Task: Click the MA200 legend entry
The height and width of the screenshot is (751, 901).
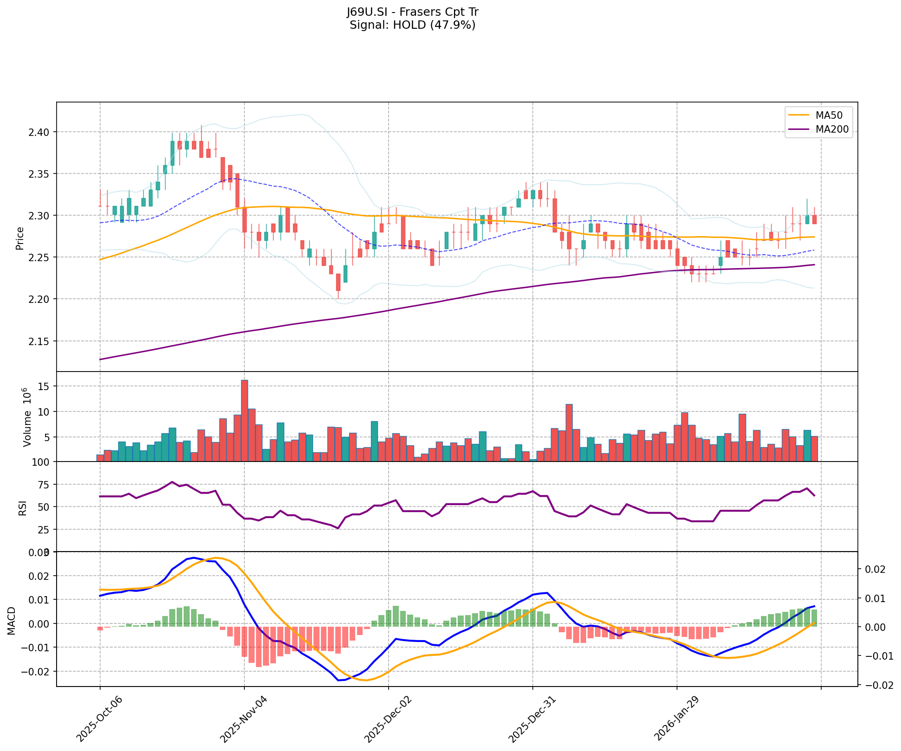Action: (x=832, y=129)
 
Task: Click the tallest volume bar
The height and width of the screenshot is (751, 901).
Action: (x=244, y=420)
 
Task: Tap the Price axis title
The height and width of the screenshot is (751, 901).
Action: (x=20, y=238)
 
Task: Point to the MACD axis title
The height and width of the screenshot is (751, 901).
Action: (x=12, y=621)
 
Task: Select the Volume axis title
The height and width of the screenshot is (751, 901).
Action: (x=27, y=417)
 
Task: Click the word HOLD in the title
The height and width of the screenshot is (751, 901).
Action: (x=409, y=25)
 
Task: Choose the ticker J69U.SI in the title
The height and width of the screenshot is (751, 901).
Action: (x=366, y=12)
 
